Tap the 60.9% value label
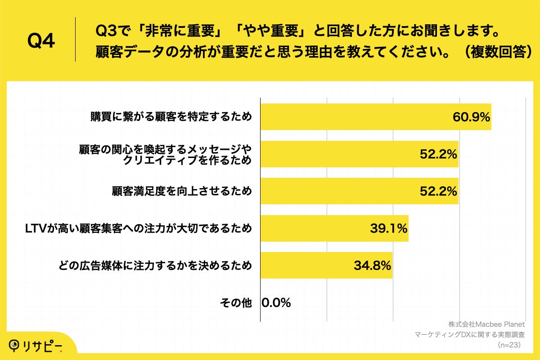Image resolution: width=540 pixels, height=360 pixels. (x=471, y=117)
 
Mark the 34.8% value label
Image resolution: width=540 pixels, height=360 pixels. (x=372, y=265)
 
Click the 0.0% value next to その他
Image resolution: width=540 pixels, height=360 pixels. (x=276, y=303)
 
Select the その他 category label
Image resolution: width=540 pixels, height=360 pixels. (x=236, y=303)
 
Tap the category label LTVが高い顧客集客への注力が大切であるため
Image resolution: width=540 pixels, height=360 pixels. (x=139, y=229)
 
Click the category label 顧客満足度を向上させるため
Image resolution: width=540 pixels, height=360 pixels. (x=181, y=191)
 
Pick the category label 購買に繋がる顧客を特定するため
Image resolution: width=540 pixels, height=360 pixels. (x=171, y=117)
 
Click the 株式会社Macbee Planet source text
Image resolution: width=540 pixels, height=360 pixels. (x=486, y=324)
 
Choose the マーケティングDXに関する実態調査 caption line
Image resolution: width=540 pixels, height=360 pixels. (x=470, y=334)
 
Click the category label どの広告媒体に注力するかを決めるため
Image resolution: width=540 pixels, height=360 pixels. (x=155, y=265)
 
